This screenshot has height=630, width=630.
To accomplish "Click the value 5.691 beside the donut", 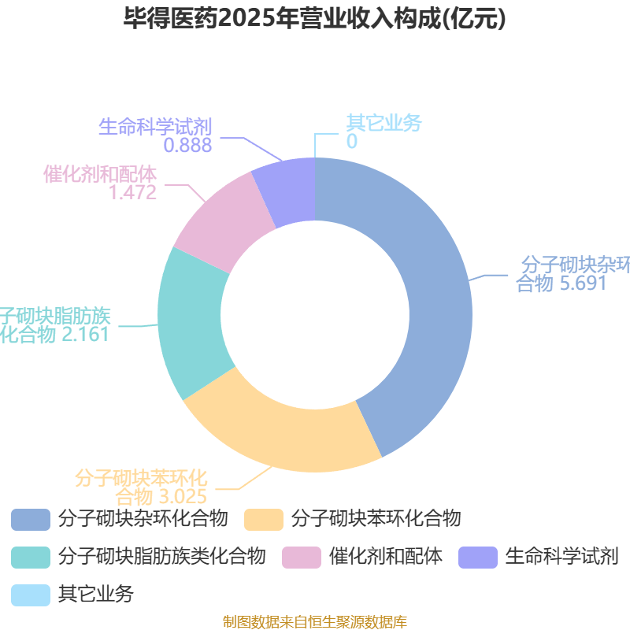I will pyautogui.click(x=583, y=283).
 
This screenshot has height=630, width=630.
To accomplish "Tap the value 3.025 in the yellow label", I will pyautogui.click(x=183, y=496).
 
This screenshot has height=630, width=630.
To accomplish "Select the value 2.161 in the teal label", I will pyautogui.click(x=85, y=335).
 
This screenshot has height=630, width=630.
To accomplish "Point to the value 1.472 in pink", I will pyautogui.click(x=133, y=192).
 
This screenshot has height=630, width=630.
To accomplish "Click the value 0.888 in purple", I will pyautogui.click(x=188, y=145).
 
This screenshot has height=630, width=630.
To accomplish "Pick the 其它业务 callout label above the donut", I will pyautogui.click(x=384, y=123).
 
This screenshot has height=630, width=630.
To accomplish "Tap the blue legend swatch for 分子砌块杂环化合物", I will pyautogui.click(x=31, y=519).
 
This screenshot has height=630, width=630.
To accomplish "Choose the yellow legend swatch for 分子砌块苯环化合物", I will pyautogui.click(x=264, y=519).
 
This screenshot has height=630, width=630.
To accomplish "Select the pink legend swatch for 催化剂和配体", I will pyautogui.click(x=302, y=557).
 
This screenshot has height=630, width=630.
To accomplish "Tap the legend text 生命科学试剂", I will pyautogui.click(x=561, y=557).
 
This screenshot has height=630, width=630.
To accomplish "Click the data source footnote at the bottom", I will pyautogui.click(x=315, y=622).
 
